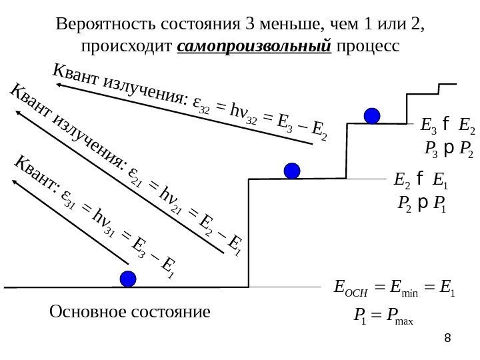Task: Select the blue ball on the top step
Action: pos(372,115)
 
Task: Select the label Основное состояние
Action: pos(130,311)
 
